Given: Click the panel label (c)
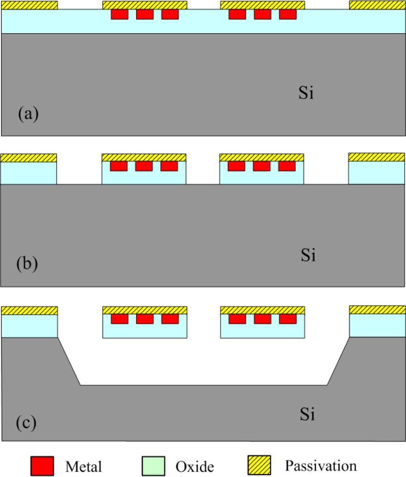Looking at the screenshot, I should tap(27, 422).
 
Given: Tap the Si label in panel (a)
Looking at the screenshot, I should tap(306, 93).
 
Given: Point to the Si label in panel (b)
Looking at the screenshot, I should tap(308, 255).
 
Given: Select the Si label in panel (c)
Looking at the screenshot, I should tap(308, 415).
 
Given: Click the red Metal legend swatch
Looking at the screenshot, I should tap(42, 465).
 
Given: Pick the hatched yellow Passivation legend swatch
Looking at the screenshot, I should tap(259, 465).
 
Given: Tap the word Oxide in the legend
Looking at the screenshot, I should tap(194, 466).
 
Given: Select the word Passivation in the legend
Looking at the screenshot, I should tap(321, 466).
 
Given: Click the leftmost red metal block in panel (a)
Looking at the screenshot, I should tap(119, 14).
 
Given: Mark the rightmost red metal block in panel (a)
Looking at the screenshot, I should tap(288, 14).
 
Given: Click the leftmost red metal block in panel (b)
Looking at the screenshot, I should tap(118, 166).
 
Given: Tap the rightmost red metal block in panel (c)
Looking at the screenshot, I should tap(288, 319).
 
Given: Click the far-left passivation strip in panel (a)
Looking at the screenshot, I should tap(29, 5).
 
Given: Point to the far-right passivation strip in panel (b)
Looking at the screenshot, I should tap(377, 157).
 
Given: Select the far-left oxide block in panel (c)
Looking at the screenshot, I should tap(29, 326).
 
